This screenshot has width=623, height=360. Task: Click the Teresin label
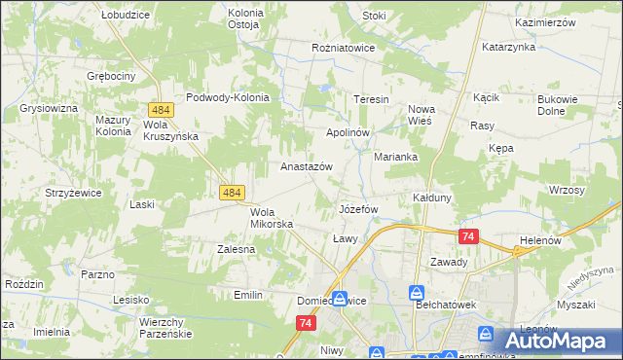(x=371, y=100)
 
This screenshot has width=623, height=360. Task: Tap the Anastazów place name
(x=307, y=166)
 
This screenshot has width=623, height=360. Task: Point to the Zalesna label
(x=236, y=249)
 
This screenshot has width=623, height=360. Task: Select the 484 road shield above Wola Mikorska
(x=232, y=194)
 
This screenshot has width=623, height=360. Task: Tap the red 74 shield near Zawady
(x=469, y=236)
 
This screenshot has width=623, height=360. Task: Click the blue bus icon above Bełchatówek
(x=417, y=293)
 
